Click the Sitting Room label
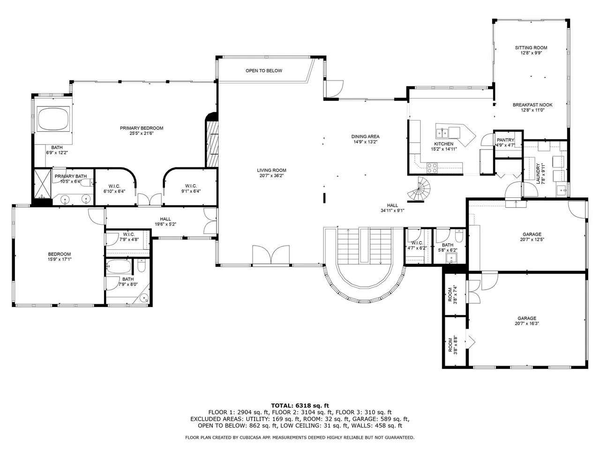[x=531, y=48]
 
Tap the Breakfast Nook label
[x=532, y=105]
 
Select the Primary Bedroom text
[x=142, y=128]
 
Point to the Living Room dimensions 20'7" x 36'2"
[x=271, y=176]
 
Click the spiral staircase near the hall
[x=419, y=188]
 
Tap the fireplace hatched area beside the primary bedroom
[x=212, y=144]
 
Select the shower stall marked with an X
[x=43, y=183]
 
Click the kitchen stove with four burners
[x=432, y=168]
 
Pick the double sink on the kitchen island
[x=442, y=133]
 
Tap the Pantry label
[x=505, y=140]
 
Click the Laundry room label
[x=538, y=173]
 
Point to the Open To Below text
[x=264, y=71]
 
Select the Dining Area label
[x=365, y=136]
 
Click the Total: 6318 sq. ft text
[x=300, y=406]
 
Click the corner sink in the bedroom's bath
[x=144, y=298]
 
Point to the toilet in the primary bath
[x=88, y=182]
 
